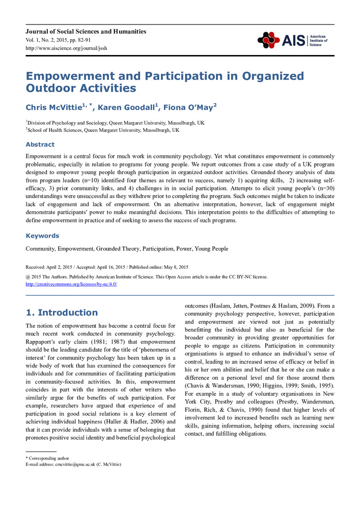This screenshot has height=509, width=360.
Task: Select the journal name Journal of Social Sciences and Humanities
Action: pos(86,32)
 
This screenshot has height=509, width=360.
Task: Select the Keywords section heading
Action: pos(42,236)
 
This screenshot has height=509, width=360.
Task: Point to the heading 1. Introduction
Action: pos(62,313)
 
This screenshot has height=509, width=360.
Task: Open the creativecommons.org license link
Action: pos(71,284)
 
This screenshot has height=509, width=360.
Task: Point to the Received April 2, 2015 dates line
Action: pos(107,267)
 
